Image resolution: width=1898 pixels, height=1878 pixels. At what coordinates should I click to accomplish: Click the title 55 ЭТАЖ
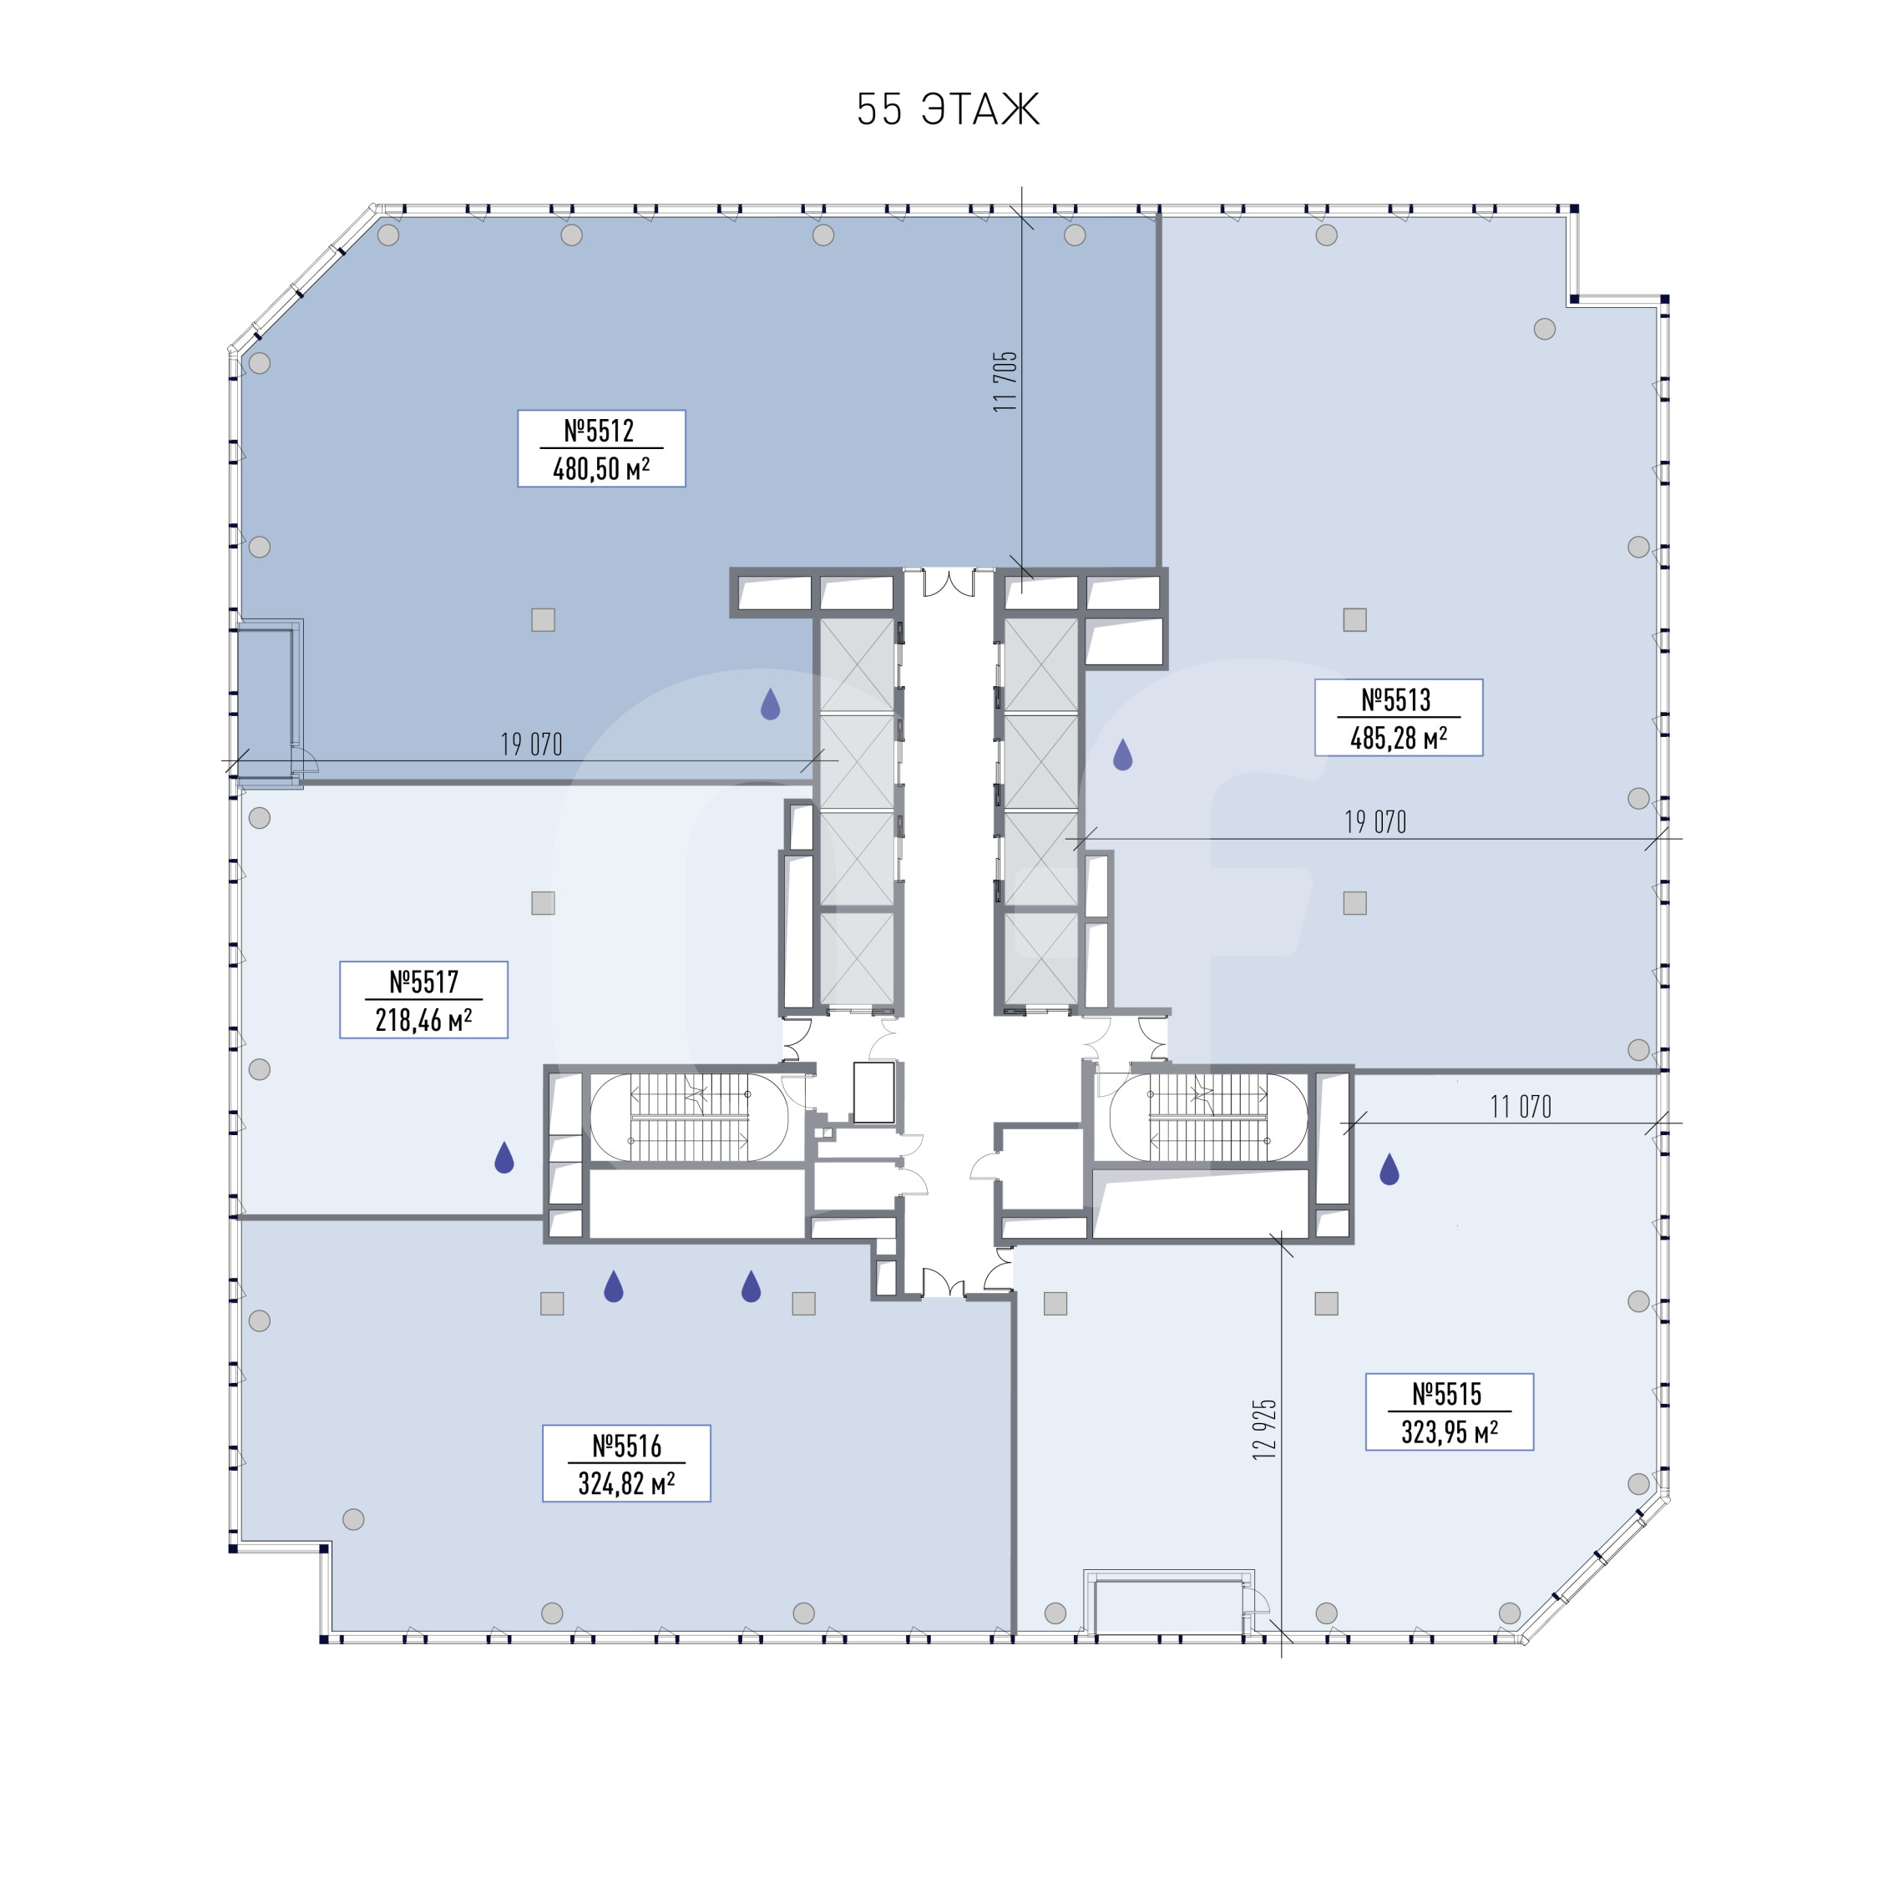[947, 109]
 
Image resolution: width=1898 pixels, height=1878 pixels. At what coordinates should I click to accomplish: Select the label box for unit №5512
[601, 449]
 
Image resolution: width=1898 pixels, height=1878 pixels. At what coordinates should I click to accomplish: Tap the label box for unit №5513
[1398, 718]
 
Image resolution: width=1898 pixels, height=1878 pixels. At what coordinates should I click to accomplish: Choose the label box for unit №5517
[423, 1000]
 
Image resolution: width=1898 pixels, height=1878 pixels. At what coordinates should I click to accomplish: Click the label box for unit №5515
[1449, 1411]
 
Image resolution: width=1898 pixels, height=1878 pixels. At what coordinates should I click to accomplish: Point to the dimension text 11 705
[1005, 381]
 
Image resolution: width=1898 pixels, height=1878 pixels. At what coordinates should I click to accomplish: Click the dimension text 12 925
[1264, 1429]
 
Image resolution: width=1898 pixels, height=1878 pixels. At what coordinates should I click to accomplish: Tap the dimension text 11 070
[1521, 1107]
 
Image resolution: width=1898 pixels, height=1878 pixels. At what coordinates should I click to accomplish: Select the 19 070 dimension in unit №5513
[1375, 822]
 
